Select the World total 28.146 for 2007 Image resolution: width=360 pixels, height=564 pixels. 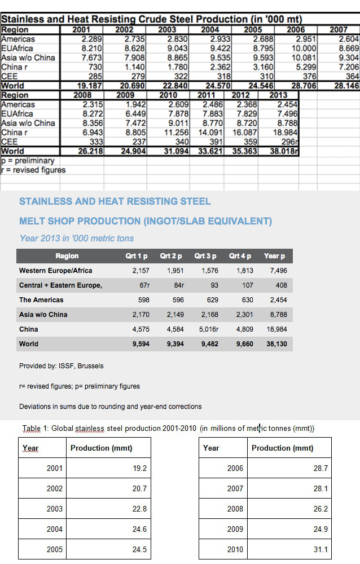click(346, 86)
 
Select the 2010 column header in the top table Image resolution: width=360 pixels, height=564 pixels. click(168, 95)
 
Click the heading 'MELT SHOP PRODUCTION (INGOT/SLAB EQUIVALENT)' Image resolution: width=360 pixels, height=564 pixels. click(146, 221)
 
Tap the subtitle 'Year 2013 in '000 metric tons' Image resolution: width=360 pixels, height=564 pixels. click(77, 238)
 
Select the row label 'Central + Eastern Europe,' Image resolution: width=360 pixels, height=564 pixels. click(61, 285)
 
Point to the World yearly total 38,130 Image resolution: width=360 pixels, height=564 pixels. click(276, 343)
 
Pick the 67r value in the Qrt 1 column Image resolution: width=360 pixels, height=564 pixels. click(144, 285)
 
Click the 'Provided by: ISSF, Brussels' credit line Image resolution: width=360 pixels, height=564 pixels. click(62, 366)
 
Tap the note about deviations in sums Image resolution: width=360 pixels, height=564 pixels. click(110, 406)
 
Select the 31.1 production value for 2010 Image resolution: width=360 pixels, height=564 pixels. click(321, 549)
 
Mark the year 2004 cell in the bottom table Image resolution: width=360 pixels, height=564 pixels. click(55, 529)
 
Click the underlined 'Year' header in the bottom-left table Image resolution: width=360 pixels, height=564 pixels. click(30, 448)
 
